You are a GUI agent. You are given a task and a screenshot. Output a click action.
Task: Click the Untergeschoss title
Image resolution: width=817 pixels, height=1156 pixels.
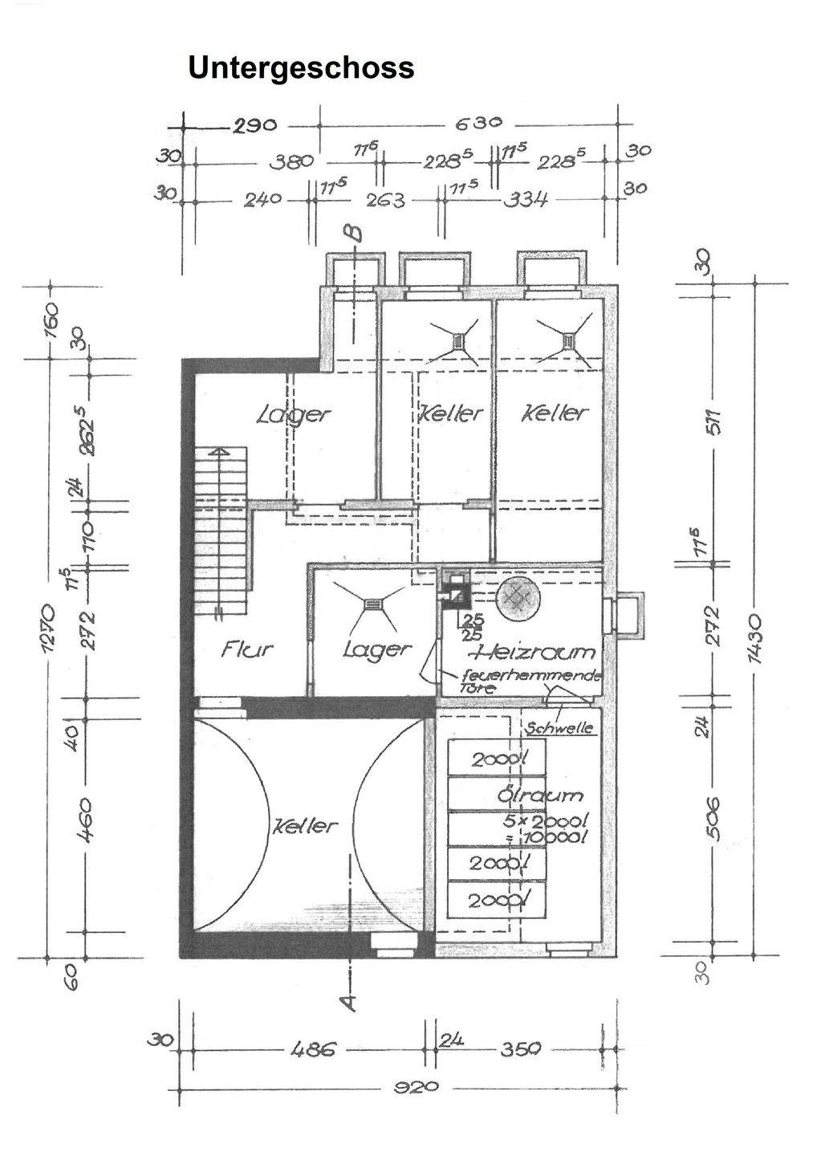(301, 67)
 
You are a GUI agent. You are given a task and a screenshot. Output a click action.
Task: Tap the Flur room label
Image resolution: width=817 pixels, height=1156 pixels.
(247, 648)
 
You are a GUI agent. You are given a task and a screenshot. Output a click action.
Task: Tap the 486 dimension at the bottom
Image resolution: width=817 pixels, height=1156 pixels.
(308, 1049)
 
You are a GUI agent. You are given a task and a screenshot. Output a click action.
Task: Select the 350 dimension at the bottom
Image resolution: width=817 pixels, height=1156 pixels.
(521, 1049)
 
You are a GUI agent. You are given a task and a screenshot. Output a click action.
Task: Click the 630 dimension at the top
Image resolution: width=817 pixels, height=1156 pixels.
(479, 124)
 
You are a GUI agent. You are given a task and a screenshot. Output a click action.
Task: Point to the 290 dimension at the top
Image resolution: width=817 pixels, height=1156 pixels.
(254, 125)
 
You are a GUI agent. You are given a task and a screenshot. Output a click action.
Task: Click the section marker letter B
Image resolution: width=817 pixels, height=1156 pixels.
(352, 234)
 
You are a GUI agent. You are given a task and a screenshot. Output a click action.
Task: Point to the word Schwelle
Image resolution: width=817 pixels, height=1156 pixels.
(559, 728)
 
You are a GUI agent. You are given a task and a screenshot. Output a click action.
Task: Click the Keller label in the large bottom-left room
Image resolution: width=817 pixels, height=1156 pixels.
(306, 825)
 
